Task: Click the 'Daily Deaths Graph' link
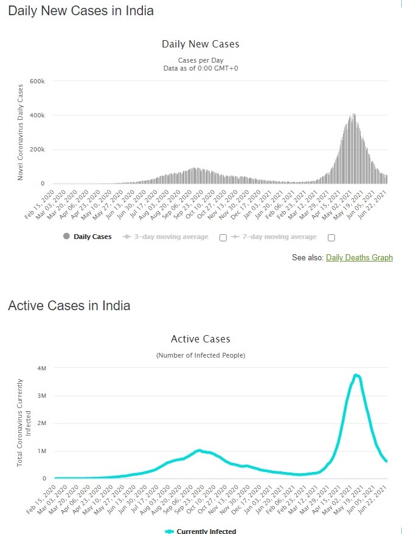click(359, 258)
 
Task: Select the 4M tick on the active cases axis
click(41, 369)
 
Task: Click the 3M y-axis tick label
click(41, 396)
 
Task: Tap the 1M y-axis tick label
click(41, 451)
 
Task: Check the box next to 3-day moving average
click(223, 237)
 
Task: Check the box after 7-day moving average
click(331, 237)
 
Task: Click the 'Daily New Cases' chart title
click(201, 44)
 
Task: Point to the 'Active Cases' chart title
click(201, 339)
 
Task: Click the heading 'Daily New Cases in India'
click(81, 11)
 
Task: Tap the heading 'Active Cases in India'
click(69, 305)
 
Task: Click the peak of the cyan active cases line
click(356, 375)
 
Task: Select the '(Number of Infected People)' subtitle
click(201, 355)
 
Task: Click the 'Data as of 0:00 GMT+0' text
click(201, 68)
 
